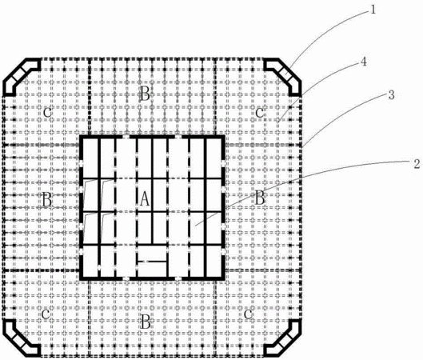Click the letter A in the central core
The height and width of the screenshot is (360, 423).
click(x=145, y=198)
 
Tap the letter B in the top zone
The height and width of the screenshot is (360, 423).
click(x=146, y=94)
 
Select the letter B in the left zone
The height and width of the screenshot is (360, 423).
click(x=47, y=200)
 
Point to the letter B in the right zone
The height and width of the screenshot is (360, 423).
click(x=260, y=198)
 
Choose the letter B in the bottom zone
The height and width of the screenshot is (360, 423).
click(x=146, y=322)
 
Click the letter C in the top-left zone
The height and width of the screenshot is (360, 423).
click(x=47, y=113)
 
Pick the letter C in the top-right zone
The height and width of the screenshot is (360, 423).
click(x=260, y=113)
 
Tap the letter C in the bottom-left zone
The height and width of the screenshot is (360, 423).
click(x=46, y=314)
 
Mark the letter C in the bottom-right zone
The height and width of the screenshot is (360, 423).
click(x=248, y=314)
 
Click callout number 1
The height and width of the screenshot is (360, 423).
click(x=373, y=10)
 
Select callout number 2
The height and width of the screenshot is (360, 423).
click(x=417, y=164)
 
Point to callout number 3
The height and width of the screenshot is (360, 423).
click(x=392, y=95)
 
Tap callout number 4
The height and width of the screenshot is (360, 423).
click(x=364, y=62)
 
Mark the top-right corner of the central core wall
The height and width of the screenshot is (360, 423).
click(x=224, y=136)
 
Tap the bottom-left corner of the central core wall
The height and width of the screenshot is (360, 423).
click(x=81, y=278)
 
